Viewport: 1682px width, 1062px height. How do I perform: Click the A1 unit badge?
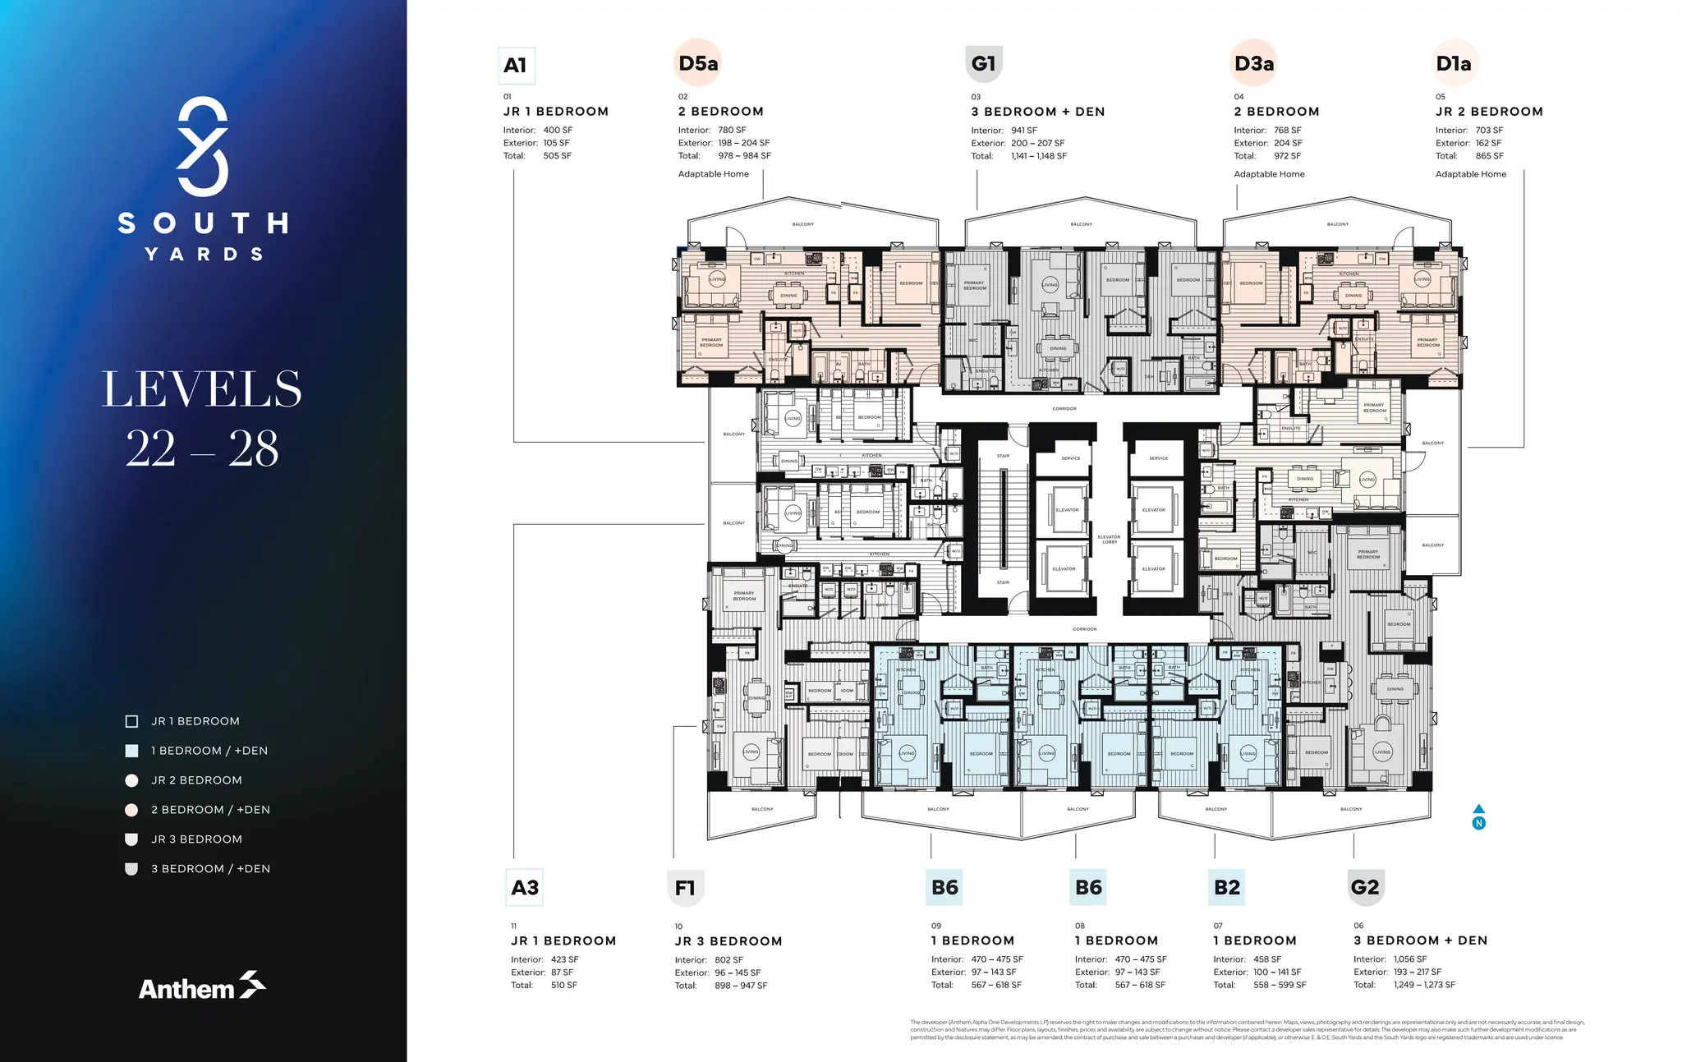point(517,66)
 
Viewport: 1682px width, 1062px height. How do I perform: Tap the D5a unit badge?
point(698,63)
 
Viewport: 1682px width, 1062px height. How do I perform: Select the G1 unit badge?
point(983,63)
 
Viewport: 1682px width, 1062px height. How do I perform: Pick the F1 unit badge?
point(685,888)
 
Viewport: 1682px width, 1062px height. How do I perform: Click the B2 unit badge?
point(1227,887)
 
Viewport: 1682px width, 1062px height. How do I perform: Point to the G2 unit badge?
point(1365,887)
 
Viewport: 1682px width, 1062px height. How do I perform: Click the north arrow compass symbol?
point(1478,817)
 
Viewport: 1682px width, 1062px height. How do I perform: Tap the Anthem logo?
point(202,986)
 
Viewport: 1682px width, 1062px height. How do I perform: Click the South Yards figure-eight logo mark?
point(202,146)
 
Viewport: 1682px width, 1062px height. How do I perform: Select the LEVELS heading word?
point(202,389)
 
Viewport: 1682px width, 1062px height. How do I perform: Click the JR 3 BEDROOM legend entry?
point(196,839)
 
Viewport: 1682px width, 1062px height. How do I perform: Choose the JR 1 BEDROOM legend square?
point(131,721)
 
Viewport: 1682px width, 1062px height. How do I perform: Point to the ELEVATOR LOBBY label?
point(1109,540)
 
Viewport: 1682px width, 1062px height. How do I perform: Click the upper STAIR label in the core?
point(1003,456)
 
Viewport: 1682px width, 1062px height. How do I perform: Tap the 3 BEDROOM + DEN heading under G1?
point(1037,112)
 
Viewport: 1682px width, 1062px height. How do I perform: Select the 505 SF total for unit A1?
point(557,155)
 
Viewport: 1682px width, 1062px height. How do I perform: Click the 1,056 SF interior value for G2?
point(1409,959)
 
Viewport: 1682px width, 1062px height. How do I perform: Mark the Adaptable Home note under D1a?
point(1470,174)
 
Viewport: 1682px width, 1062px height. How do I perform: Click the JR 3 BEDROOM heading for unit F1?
point(728,941)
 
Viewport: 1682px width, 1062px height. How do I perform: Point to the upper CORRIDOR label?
point(1064,408)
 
